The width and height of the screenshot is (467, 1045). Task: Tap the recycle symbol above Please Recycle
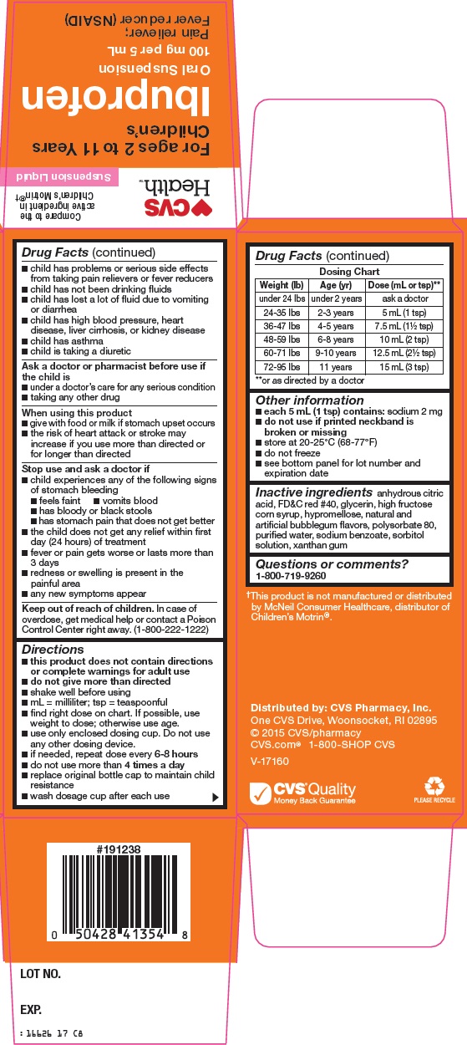(434, 786)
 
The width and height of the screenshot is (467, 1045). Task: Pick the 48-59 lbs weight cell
(281, 340)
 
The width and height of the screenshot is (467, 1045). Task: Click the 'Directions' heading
(53, 649)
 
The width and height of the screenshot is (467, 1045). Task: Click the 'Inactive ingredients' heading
(313, 492)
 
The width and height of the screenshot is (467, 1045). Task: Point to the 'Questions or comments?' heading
(320, 564)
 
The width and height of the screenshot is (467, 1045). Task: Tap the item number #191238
(118, 849)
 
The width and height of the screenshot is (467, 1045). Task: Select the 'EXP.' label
(31, 1010)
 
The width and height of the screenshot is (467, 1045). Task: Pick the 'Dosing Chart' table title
(349, 272)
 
